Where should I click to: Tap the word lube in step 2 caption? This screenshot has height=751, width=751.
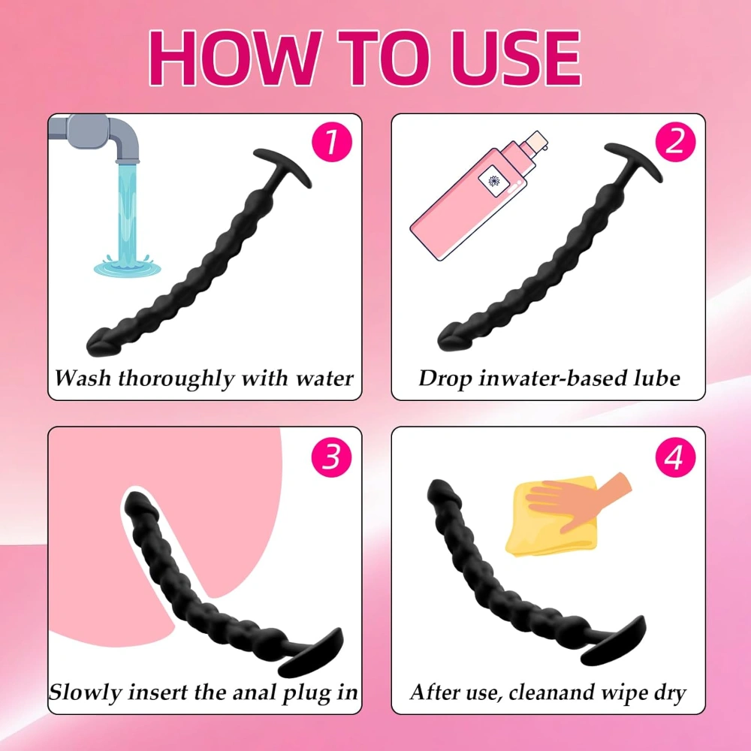point(655,377)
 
